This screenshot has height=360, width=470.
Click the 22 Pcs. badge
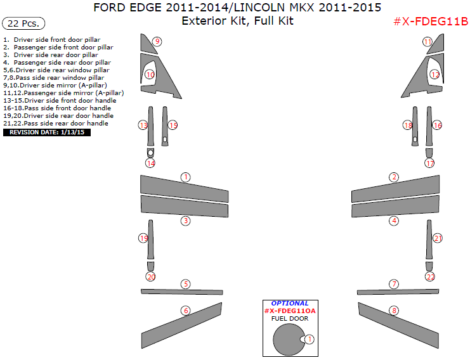(23, 23)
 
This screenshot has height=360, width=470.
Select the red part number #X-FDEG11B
(431, 22)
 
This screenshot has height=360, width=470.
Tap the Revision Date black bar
(47, 132)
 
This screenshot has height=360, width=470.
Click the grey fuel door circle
(289, 340)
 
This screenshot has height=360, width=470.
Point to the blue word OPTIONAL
(290, 304)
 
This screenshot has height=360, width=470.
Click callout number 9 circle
(157, 41)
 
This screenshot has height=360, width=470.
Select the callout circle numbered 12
(435, 74)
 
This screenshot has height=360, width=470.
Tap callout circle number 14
(150, 164)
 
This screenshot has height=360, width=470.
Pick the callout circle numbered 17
(429, 164)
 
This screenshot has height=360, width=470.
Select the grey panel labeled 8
(398, 326)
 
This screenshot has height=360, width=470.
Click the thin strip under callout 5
(181, 292)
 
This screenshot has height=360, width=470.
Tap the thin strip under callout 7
(398, 292)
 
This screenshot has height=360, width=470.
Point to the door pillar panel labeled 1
(185, 189)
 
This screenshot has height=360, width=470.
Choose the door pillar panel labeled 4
(395, 207)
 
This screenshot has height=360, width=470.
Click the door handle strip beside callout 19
(150, 240)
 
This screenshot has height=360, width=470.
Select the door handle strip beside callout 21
(429, 240)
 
